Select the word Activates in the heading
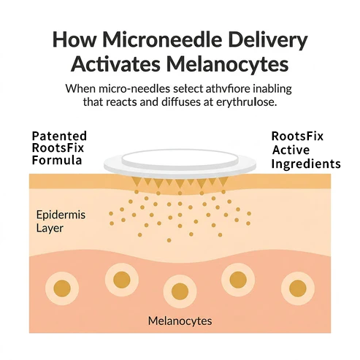[115, 64]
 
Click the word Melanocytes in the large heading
[228, 65]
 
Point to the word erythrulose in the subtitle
[246, 102]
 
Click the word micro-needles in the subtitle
[134, 88]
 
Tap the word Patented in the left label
[59, 136]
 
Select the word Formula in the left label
[57, 161]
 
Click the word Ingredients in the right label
[306, 164]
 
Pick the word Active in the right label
[291, 150]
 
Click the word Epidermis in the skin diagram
[61, 215]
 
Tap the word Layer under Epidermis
[50, 229]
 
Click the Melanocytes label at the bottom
[180, 321]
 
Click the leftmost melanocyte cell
[62, 288]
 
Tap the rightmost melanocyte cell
[298, 288]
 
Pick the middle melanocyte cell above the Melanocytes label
[180, 291]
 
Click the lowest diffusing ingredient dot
[169, 240]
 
